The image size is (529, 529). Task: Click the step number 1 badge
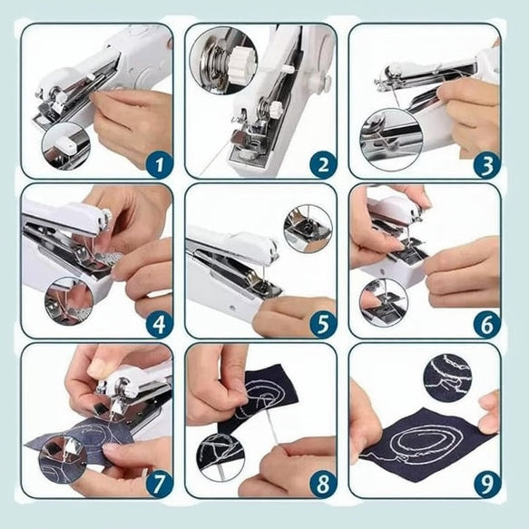160,164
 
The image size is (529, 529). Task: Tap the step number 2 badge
323,164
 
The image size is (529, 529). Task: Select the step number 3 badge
487,164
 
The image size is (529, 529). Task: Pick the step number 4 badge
160,325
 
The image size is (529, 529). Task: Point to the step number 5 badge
323,325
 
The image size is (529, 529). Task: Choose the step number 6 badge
487,325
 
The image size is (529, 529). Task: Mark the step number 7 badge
160,484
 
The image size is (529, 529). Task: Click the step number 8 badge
323,484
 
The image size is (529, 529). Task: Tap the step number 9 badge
487,484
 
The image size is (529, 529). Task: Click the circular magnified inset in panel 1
66,146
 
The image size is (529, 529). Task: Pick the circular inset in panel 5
308,229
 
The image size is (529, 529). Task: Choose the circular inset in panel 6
384,303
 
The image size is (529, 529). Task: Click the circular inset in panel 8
221,457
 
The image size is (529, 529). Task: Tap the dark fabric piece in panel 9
427,445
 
